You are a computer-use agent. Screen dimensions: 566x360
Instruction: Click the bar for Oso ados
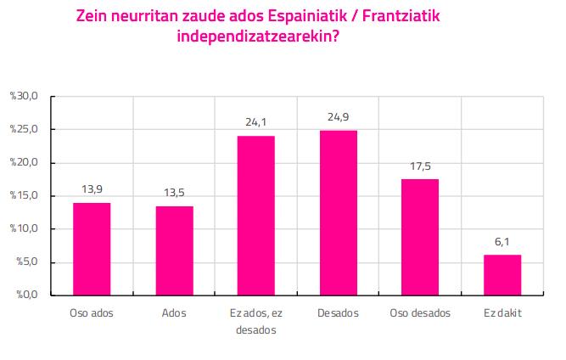(x=92, y=249)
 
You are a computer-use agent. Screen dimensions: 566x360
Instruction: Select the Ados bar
(x=174, y=251)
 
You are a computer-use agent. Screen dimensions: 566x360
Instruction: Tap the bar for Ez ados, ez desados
(x=256, y=216)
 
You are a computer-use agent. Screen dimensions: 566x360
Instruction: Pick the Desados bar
(x=339, y=213)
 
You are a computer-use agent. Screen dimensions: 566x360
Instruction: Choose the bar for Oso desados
(x=420, y=237)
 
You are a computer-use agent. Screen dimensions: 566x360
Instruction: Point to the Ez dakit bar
(x=502, y=275)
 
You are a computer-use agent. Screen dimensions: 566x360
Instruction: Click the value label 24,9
(x=339, y=117)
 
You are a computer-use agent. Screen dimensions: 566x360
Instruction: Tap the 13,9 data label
(x=92, y=189)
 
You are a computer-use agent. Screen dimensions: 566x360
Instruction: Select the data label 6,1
(x=502, y=242)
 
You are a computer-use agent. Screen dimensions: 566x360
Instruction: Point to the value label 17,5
(x=420, y=166)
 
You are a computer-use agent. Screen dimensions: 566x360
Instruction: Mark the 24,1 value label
(x=256, y=122)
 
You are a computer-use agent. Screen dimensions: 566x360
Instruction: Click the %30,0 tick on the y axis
(x=24, y=96)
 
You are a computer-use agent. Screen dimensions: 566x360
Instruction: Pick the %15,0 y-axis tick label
(x=24, y=195)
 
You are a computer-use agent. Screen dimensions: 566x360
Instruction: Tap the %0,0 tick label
(x=27, y=295)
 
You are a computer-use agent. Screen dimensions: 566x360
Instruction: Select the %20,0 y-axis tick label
(x=24, y=162)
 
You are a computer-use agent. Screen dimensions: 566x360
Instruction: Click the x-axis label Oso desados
(x=420, y=312)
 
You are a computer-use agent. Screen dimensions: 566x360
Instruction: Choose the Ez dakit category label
(x=502, y=312)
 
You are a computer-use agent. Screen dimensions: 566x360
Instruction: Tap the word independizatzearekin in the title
(x=258, y=37)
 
